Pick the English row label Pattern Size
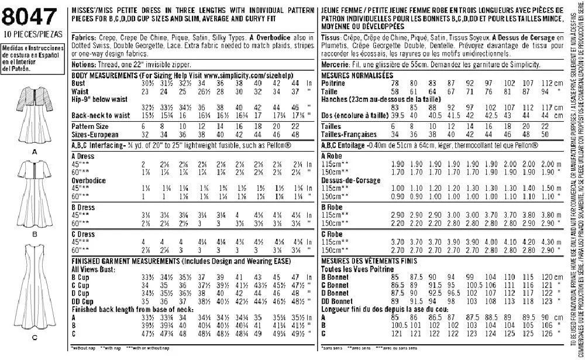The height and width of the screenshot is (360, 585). (x=90, y=126)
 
